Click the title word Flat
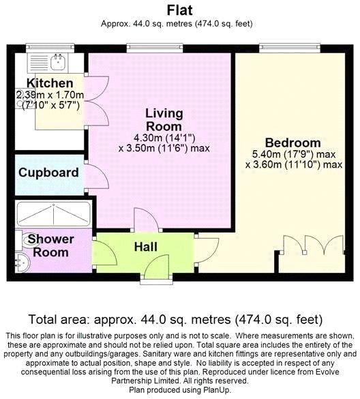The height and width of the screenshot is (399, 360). point(179,10)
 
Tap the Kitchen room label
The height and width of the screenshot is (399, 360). point(50,83)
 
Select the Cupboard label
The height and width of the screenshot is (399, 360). point(48,173)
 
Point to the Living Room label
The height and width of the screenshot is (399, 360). point(164,120)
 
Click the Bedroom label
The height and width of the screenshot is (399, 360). point(292,143)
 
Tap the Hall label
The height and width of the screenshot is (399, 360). point(145,247)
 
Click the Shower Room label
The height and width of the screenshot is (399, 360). point(51,246)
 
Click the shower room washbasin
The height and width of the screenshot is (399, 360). point(22,263)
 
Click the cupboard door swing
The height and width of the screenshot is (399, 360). point(97,176)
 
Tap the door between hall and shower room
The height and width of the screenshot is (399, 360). point(104,252)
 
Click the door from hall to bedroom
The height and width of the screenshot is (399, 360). point(207,250)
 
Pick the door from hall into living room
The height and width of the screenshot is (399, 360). point(147,220)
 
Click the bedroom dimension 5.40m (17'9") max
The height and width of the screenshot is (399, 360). point(294,154)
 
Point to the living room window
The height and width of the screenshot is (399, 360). point(155,47)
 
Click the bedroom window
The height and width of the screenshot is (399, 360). point(290,47)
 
